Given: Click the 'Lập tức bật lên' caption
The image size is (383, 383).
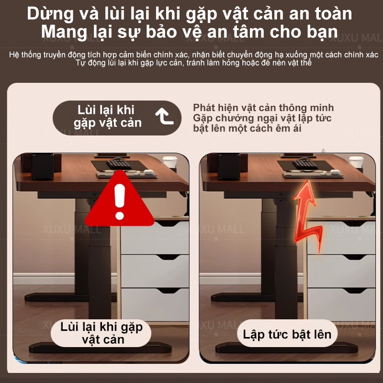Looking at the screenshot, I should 287,334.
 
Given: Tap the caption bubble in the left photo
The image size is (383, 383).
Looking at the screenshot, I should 101,333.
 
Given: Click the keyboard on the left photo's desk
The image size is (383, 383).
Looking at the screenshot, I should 118,163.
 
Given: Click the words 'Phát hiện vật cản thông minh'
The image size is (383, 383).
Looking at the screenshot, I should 263,108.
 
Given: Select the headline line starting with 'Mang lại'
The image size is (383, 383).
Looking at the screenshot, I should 191,33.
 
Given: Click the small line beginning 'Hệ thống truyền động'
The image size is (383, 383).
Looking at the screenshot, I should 191,55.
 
